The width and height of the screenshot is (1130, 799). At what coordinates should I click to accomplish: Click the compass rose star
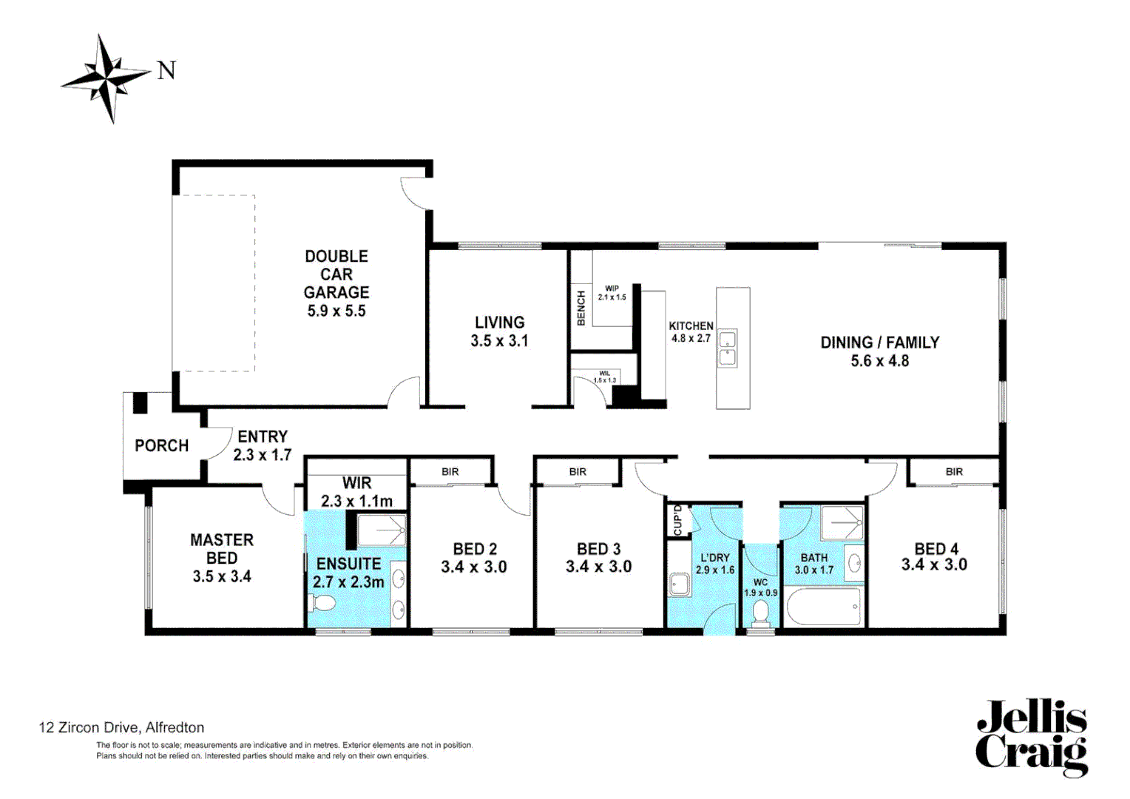[108, 78]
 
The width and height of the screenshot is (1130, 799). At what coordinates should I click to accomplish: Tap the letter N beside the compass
[166, 71]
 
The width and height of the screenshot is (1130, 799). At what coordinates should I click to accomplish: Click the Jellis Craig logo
[1031, 738]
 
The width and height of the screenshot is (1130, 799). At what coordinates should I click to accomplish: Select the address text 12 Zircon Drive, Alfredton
[121, 727]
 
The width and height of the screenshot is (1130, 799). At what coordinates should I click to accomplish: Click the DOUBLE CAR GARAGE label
[336, 283]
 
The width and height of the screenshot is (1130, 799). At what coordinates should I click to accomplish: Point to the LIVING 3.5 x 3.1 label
[499, 331]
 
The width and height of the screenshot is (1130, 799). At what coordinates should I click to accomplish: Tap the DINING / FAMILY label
[879, 351]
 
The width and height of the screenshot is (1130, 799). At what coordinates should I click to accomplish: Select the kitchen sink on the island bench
[728, 348]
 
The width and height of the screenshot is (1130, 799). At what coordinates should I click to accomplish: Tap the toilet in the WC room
[760, 613]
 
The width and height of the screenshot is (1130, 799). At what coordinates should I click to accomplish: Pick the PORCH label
[161, 445]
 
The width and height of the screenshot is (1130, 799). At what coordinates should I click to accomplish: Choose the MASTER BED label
[222, 558]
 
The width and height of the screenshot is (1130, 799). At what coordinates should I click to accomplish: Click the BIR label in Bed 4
[954, 472]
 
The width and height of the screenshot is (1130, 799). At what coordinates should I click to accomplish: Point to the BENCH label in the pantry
[581, 308]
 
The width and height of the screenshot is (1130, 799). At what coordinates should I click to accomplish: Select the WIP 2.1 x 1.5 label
[612, 293]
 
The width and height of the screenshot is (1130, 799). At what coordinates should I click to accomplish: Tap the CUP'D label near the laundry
[677, 520]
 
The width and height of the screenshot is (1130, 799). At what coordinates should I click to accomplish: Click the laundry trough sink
[679, 584]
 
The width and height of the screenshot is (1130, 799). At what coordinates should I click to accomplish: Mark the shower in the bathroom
[842, 523]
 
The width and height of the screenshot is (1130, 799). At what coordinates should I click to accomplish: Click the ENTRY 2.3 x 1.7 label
[263, 445]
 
